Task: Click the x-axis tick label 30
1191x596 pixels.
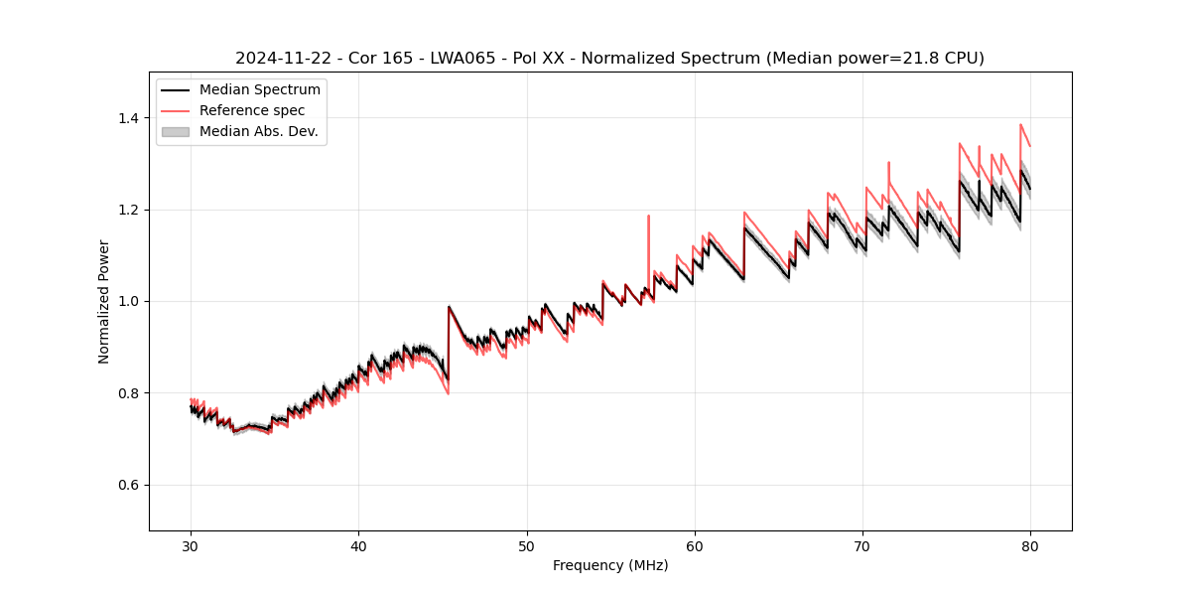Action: pyautogui.click(x=191, y=546)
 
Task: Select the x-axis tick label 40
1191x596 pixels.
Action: pyautogui.click(x=358, y=546)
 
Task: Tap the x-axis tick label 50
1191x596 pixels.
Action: pyautogui.click(x=526, y=546)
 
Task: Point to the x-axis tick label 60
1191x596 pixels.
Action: pyautogui.click(x=695, y=546)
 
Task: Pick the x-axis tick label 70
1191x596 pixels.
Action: pyautogui.click(x=862, y=546)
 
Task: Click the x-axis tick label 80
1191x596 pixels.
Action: pyautogui.click(x=1030, y=546)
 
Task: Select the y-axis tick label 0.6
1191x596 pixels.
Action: pyautogui.click(x=128, y=485)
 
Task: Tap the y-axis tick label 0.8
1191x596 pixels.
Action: pyautogui.click(x=128, y=393)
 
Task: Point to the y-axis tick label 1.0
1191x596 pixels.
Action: pyautogui.click(x=128, y=301)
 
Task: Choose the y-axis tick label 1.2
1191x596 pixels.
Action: pyautogui.click(x=128, y=210)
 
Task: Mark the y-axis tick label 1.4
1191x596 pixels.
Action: pyautogui.click(x=128, y=118)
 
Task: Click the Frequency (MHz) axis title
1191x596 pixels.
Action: pyautogui.click(x=610, y=565)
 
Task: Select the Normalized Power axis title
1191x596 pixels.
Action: pyautogui.click(x=103, y=301)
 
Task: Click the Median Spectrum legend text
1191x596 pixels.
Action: pyautogui.click(x=259, y=90)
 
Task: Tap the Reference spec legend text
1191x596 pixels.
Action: pyautogui.click(x=252, y=110)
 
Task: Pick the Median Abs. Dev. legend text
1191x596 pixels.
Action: pyautogui.click(x=258, y=131)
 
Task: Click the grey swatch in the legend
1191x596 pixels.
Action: pyautogui.click(x=176, y=131)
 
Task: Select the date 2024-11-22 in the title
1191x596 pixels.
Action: pyautogui.click(x=282, y=59)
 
